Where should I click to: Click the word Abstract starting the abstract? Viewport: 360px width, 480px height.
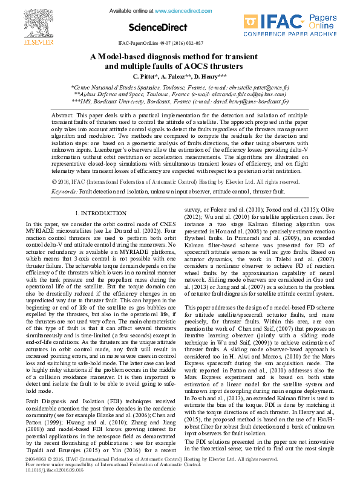pos(62,115)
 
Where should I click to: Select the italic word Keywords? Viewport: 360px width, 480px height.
pos(64,191)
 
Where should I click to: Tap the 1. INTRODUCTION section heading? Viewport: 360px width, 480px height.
pos(100,213)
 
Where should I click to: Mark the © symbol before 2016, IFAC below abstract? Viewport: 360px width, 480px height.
pos(54,181)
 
